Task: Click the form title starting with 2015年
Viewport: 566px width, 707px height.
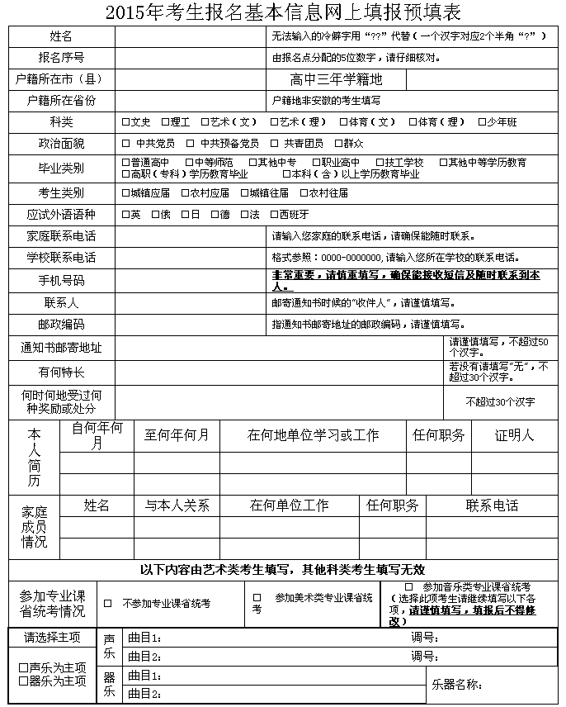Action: (x=283, y=12)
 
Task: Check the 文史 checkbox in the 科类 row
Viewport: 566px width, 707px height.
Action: (x=125, y=122)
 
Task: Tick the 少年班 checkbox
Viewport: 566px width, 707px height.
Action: (x=483, y=122)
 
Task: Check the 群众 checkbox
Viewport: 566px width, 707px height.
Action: (x=337, y=143)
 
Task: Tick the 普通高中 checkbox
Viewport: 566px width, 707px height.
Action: (x=125, y=163)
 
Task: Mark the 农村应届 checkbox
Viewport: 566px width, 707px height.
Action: (x=185, y=193)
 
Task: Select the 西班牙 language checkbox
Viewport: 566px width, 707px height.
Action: (x=274, y=214)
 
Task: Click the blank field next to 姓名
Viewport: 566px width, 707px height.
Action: (x=191, y=36)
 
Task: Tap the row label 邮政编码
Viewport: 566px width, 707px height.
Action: (x=61, y=325)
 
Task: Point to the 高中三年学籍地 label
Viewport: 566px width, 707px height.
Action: (x=337, y=79)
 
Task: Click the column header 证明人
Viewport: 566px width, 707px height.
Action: (x=514, y=435)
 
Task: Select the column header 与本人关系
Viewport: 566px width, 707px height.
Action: (x=177, y=505)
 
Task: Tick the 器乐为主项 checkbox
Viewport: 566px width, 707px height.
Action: (x=23, y=681)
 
